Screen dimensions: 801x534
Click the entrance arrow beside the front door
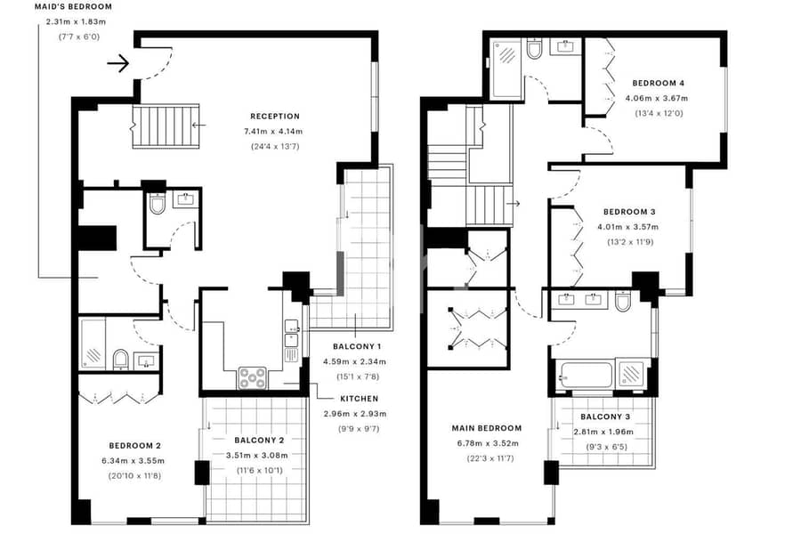(x=118, y=63)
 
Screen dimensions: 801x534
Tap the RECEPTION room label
(x=275, y=117)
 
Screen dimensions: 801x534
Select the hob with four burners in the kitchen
(x=253, y=378)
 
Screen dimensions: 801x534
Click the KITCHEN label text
(x=360, y=399)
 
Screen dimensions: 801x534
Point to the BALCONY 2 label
(x=259, y=440)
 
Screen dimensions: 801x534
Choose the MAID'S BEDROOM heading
(x=74, y=7)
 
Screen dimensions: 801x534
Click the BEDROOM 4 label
(x=658, y=84)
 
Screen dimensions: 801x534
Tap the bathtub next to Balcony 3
(x=587, y=376)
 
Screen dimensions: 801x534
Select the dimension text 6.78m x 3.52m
(x=488, y=443)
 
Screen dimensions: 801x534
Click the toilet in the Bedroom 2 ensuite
(x=121, y=359)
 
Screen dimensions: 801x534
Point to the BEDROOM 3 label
(x=629, y=212)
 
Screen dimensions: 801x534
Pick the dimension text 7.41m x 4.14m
(x=273, y=132)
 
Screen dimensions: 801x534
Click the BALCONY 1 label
(x=357, y=346)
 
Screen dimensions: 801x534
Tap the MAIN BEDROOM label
(x=487, y=428)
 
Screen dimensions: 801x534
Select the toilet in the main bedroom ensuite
(x=624, y=302)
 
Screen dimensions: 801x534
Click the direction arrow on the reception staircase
(x=198, y=125)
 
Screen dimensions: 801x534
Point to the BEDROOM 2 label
(x=135, y=446)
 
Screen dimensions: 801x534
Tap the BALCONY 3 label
(x=605, y=417)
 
